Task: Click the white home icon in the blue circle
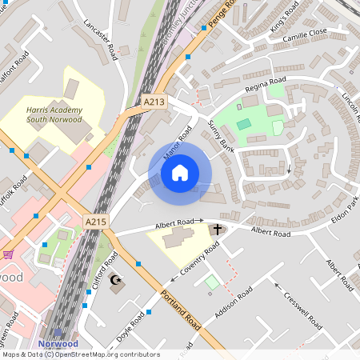[x=180, y=171]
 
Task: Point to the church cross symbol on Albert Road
[x=216, y=230]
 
